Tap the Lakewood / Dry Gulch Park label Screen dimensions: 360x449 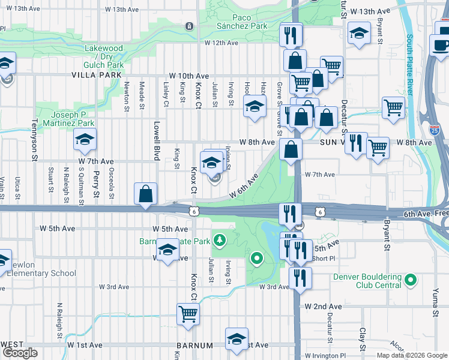coord(104,56)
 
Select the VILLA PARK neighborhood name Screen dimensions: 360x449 coord(92,76)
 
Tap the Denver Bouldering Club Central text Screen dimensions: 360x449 coord(368,281)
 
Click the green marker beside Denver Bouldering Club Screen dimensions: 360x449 coord(411,280)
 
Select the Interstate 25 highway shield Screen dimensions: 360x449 coord(436,128)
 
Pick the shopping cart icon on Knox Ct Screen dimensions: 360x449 coord(188,313)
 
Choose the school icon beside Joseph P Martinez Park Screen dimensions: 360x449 coord(85,140)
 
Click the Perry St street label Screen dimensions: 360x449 coord(96,187)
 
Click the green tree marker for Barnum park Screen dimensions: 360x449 coord(220,241)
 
